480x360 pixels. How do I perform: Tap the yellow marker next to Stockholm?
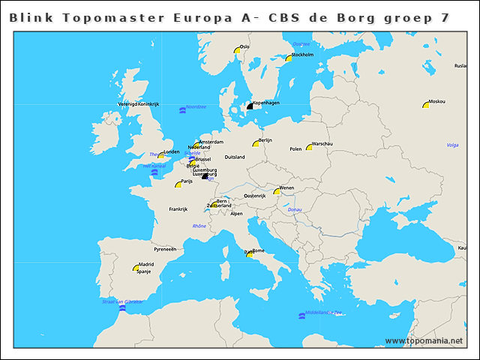coord(287,57)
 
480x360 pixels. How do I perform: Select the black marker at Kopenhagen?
coord(250,106)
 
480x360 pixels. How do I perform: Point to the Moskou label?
coord(436,101)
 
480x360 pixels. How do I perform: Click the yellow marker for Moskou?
coord(425,105)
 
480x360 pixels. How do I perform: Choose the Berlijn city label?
coord(265,140)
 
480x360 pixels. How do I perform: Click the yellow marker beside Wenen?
coord(277,191)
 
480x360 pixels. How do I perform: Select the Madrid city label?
coord(146,264)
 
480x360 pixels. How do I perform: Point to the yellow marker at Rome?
coord(249,254)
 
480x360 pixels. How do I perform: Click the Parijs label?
coord(187,181)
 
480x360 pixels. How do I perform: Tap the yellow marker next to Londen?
coord(160,155)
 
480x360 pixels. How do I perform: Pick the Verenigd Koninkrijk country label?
coord(139,103)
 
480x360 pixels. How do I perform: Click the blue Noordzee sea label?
coord(196,107)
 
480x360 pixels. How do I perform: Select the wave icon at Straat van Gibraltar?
coord(123,308)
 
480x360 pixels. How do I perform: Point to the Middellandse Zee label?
coord(324,312)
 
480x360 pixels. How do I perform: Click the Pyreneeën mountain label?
coord(164,248)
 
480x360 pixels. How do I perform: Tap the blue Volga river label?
coord(452,145)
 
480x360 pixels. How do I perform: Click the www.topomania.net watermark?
coord(424,340)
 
